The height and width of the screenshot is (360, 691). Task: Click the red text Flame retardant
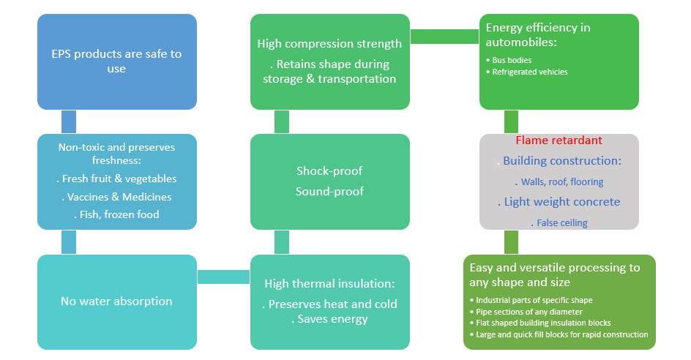pos(559,140)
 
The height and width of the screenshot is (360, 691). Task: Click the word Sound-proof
pos(329,192)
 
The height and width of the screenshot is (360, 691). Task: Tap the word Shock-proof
pos(329,171)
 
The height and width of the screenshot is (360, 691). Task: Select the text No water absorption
pos(116,301)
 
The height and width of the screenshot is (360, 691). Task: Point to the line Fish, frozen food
pos(117,214)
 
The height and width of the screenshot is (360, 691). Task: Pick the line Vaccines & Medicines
pos(117,197)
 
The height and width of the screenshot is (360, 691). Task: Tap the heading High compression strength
pos(329,44)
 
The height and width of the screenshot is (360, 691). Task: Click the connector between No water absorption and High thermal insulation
pos(223,277)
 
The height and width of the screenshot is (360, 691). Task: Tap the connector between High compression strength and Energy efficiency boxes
pos(444,37)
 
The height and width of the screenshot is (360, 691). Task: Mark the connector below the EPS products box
pos(69,121)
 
